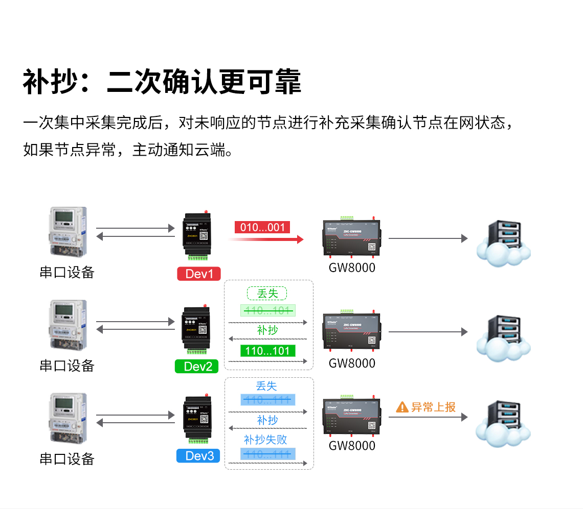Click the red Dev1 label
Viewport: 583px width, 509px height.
pos(198,274)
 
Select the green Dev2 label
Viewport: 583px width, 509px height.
pos(197,366)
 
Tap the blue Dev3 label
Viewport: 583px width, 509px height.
pos(198,455)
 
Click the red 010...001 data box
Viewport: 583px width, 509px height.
pos(262,227)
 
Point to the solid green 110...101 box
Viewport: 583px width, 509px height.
pos(267,351)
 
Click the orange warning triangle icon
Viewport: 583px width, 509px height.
pos(402,407)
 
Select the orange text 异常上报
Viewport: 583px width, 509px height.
pos(433,407)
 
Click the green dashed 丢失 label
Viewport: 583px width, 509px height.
pos(267,294)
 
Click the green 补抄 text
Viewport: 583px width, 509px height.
pos(267,330)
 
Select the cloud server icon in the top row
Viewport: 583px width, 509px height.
pos(502,243)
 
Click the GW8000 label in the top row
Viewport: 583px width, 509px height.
pos(352,268)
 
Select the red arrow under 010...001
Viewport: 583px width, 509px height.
pos(266,239)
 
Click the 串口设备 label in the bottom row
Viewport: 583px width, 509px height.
pos(67,458)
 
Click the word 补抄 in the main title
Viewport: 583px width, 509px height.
pos(50,82)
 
